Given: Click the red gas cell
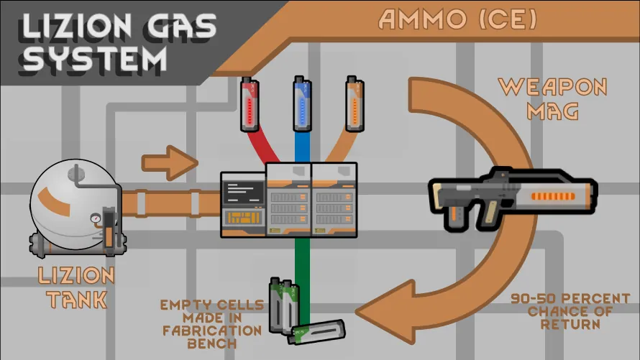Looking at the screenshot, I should pos(249,105).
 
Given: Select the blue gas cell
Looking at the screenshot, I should pos(302,105).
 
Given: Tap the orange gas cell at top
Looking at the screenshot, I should pos(354,105).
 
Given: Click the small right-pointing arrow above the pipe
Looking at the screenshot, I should pos(170,162).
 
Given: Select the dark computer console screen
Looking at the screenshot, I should pos(243,192).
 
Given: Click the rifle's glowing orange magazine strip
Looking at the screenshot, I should pos(556,195).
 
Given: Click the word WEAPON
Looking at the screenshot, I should pos(553,88).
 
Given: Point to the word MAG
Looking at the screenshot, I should pos(553,111).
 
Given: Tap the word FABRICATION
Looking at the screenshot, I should pos(211,331).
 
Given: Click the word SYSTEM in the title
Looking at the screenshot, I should pos(93,57).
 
